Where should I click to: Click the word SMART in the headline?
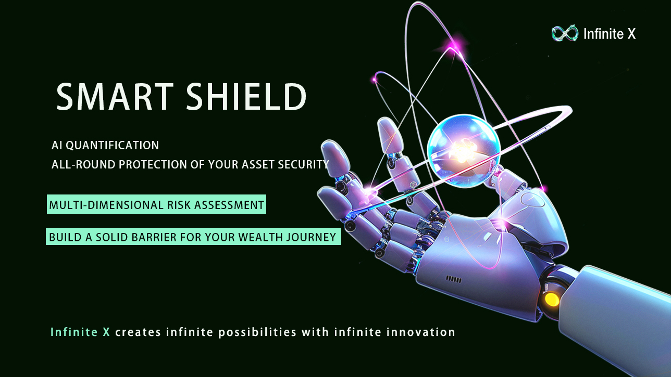tap(115, 96)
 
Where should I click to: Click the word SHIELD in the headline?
tap(246, 96)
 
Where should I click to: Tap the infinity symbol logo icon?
tap(565, 33)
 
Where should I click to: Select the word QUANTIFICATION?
tap(112, 145)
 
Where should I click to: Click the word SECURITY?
tap(303, 164)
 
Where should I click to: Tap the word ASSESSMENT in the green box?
tap(229, 205)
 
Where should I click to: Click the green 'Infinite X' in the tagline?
tap(80, 332)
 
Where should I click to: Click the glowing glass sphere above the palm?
tap(464, 151)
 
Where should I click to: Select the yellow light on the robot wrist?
tap(552, 300)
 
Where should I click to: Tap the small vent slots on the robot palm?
tap(454, 280)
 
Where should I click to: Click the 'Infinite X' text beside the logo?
tap(610, 33)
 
